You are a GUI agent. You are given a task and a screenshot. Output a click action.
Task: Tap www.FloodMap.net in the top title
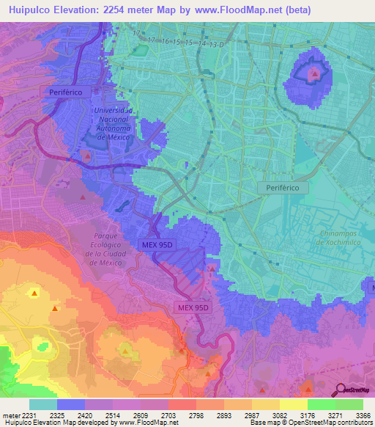[234, 10]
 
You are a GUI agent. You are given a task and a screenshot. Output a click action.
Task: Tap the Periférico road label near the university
[70, 92]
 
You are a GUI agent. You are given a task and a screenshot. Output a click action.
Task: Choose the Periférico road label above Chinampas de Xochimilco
[283, 188]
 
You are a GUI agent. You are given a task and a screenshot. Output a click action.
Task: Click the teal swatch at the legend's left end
[43, 404]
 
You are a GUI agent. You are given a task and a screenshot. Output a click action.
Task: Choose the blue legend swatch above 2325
[71, 404]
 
